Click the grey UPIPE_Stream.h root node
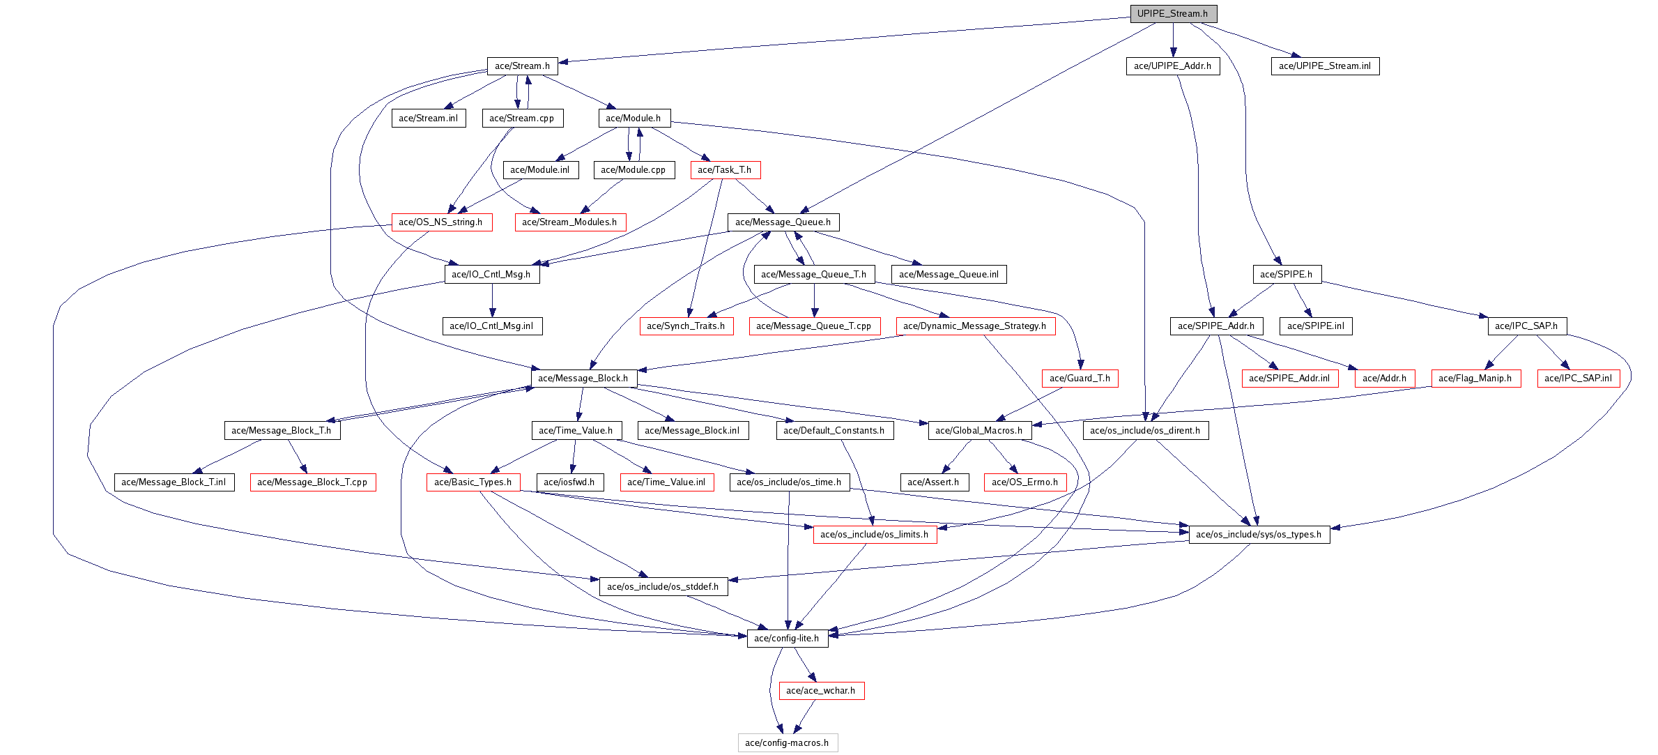pyautogui.click(x=1173, y=14)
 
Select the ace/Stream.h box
pyautogui.click(x=522, y=66)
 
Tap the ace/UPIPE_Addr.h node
pyautogui.click(x=1172, y=66)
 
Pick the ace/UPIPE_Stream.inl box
pyautogui.click(x=1324, y=66)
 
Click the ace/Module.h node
pyautogui.click(x=634, y=119)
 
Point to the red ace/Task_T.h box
pyautogui.click(x=725, y=170)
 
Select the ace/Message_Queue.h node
pyautogui.click(x=783, y=222)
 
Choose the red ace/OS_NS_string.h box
pyautogui.click(x=441, y=222)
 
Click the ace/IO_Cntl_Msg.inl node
pyautogui.click(x=491, y=326)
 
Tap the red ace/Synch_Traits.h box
pyautogui.click(x=686, y=326)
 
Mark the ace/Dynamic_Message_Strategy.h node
pyautogui.click(x=975, y=326)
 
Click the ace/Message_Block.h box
pyautogui.click(x=583, y=379)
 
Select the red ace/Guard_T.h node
pyautogui.click(x=1080, y=379)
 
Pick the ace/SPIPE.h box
pyautogui.click(x=1286, y=275)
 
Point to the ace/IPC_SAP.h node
pyautogui.click(x=1526, y=326)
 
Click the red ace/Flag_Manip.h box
pyautogui.click(x=1475, y=379)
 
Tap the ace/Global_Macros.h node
pyautogui.click(x=978, y=431)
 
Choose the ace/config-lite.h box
pyautogui.click(x=787, y=639)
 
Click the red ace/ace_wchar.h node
pyautogui.click(x=820, y=691)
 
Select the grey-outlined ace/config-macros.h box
pyautogui.click(x=787, y=743)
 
